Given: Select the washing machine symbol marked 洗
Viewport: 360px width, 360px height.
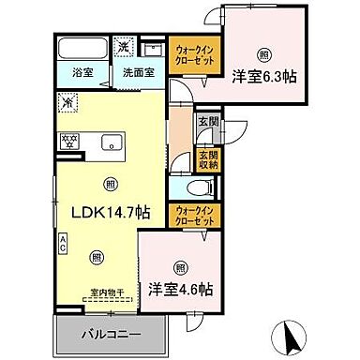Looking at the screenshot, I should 125,46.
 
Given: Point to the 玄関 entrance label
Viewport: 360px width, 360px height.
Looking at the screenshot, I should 207,121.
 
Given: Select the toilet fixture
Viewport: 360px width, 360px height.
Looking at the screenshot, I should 184,187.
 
